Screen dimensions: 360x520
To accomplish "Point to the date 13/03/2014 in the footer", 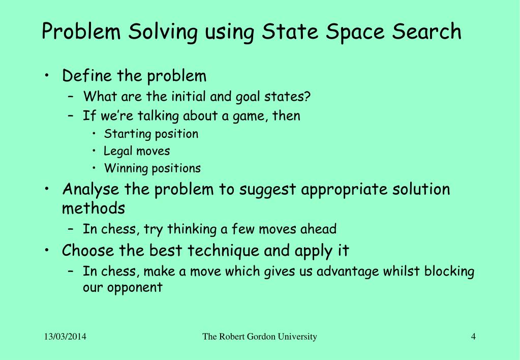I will click(x=65, y=337).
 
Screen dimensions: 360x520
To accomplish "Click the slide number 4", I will click(x=473, y=337).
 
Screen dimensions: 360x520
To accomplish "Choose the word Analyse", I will click(x=91, y=190).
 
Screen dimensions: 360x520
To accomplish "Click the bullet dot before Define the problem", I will click(x=47, y=76).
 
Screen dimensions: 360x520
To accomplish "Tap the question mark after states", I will click(x=321, y=96).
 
